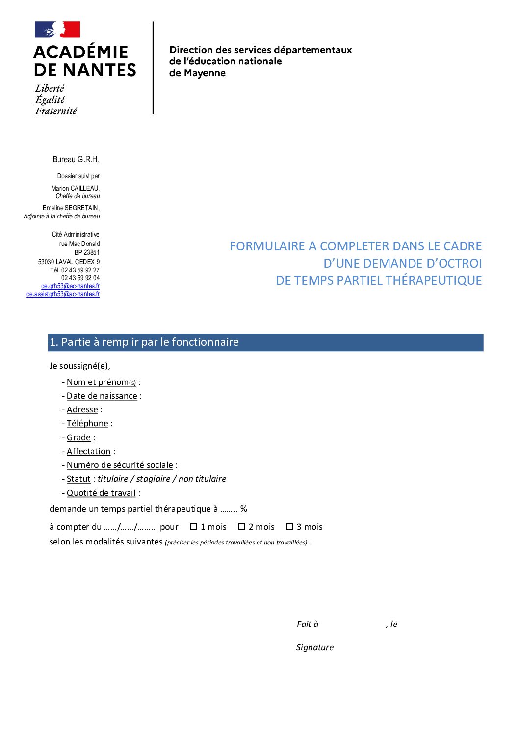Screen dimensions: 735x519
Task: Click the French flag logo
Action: pos(57,29)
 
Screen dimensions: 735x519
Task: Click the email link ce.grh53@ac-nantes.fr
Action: pos(70,286)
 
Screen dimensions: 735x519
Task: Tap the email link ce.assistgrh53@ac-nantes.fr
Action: pos(63,294)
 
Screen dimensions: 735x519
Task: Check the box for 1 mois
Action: pos(193,527)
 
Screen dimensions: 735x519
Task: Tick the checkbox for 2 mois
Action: pos(241,527)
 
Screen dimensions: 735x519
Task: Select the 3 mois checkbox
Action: pos(289,527)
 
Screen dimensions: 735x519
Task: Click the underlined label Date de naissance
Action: pos(102,396)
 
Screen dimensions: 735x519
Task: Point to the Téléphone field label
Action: pos(87,423)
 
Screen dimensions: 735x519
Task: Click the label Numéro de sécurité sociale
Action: pos(120,465)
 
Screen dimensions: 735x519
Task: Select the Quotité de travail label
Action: pos(101,493)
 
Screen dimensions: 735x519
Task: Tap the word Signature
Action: pos(314,647)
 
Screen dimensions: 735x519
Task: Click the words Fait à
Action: pos(308,624)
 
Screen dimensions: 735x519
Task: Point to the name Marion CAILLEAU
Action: pos(75,188)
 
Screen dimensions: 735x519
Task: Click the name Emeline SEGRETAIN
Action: pos(71,208)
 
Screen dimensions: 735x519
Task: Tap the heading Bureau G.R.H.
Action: pos(76,159)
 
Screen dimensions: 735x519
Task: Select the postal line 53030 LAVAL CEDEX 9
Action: pos(69,262)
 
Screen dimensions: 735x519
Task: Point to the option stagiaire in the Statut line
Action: pos(153,479)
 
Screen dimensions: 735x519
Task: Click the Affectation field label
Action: pos(88,451)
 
